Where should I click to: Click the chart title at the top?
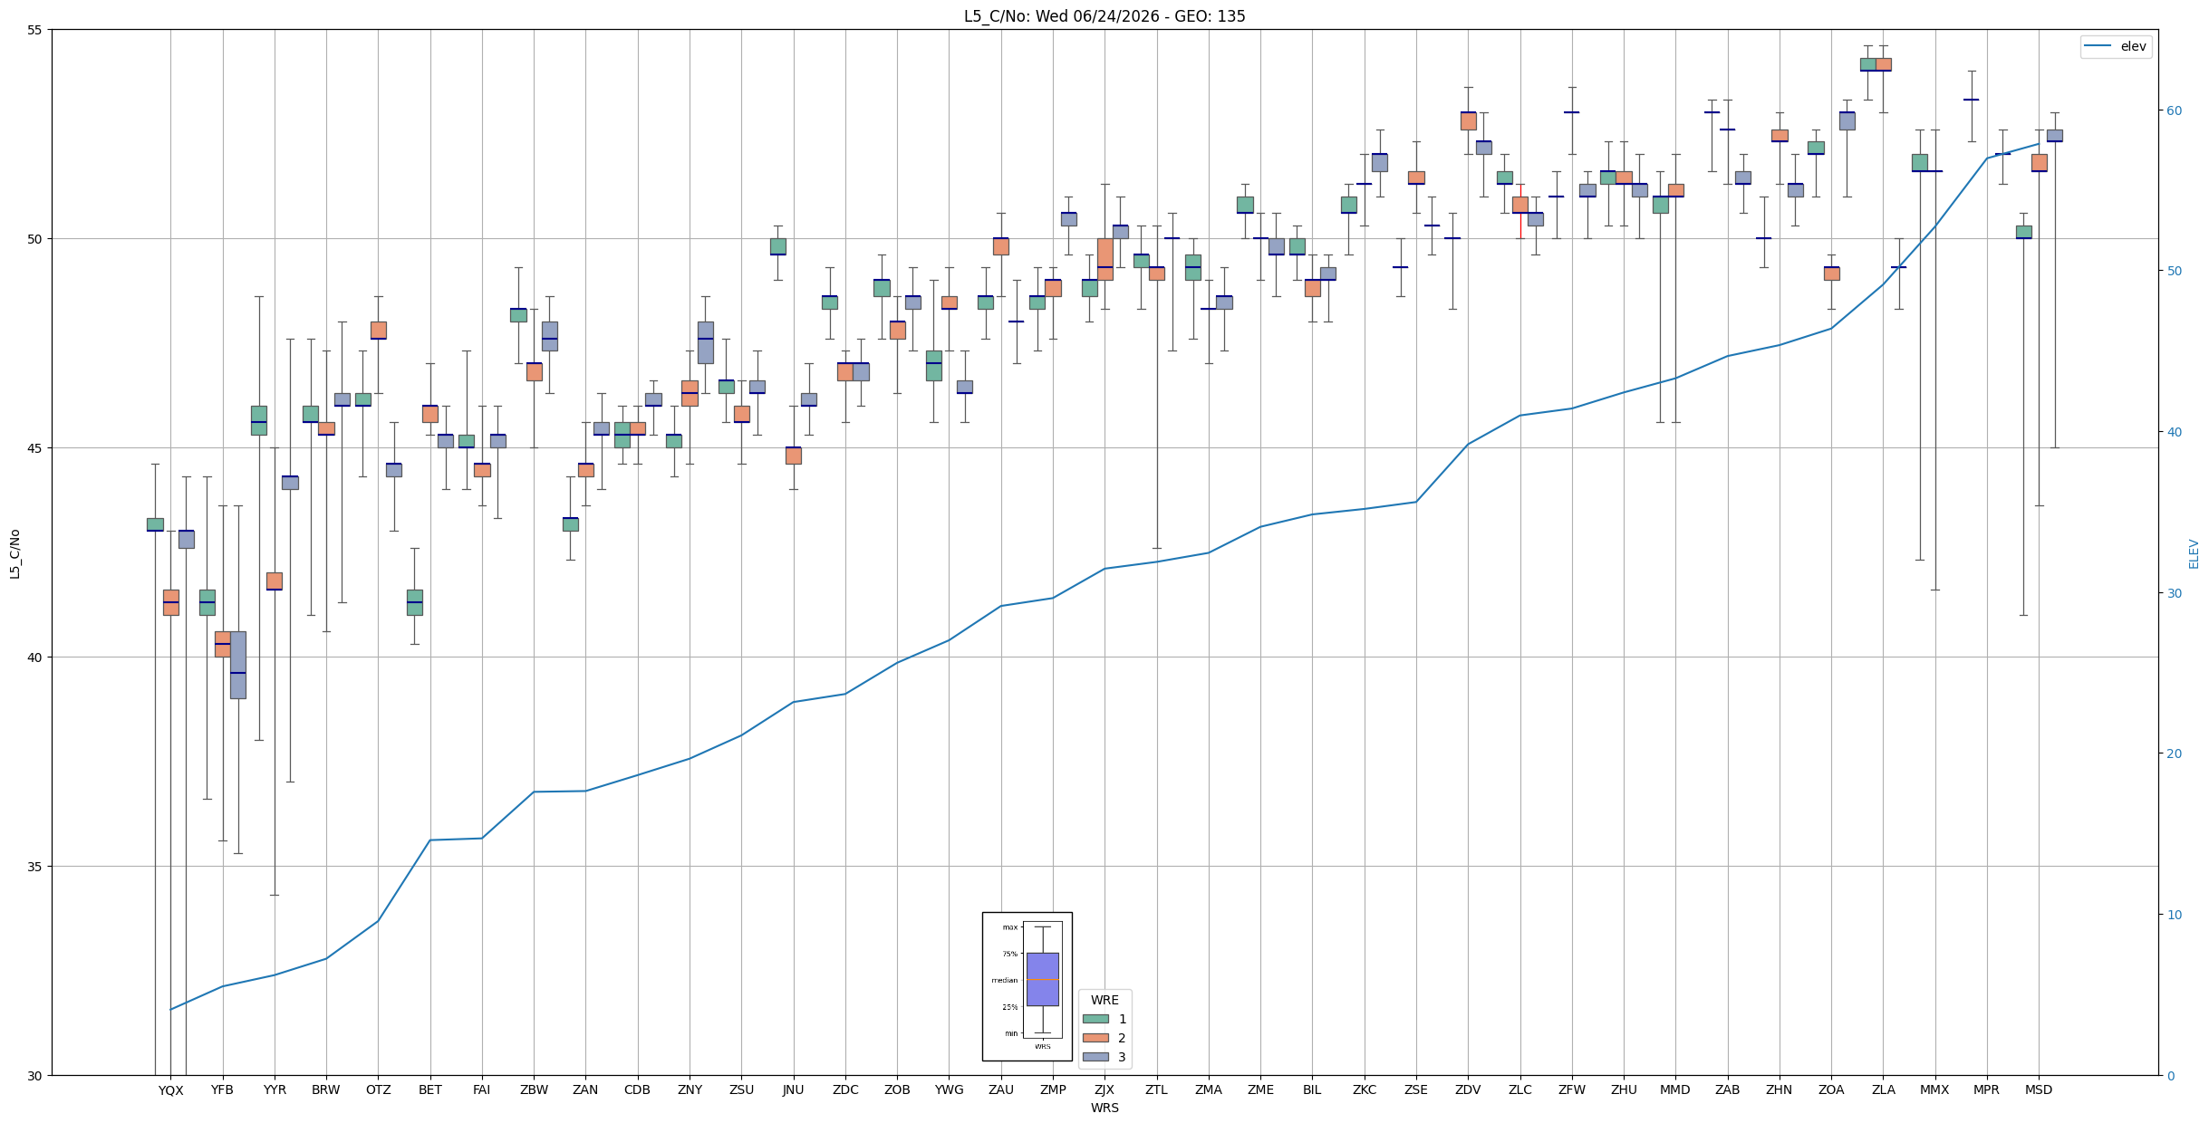pos(1104,16)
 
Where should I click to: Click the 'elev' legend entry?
pos(2116,46)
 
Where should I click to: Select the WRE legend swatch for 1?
pos(1095,1019)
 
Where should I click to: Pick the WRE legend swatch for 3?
pos(1095,1057)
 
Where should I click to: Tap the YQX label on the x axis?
pos(170,1090)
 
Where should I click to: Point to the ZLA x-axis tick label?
pos(1883,1090)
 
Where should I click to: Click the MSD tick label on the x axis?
pos(2039,1090)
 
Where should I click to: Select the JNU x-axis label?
pos(794,1090)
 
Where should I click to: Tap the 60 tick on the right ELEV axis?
pos(2171,110)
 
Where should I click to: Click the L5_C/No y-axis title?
pos(14,553)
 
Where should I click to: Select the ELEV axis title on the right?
pos(2194,553)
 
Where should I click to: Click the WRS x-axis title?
pos(1104,1108)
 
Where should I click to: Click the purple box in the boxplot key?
pos(1043,979)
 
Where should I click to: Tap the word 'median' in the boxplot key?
pos(1004,980)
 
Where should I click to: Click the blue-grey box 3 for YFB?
pos(237,665)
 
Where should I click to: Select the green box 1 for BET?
pos(414,602)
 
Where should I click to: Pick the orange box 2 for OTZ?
pos(379,330)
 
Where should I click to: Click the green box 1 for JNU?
pos(777,246)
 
